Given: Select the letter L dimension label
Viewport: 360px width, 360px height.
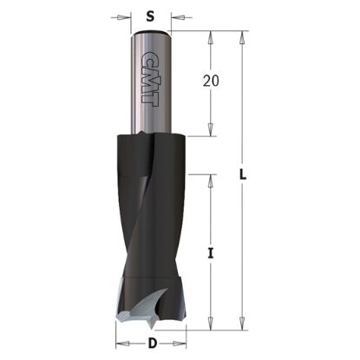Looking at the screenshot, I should click(x=244, y=175).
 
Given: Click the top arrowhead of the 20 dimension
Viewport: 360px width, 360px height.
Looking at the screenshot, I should click(x=210, y=36).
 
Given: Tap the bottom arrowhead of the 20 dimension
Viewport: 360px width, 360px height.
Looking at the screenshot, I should click(x=210, y=131).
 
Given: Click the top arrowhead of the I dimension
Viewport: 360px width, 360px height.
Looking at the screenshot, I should click(x=210, y=178).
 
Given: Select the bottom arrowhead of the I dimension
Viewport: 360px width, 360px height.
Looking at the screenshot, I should click(x=210, y=327).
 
